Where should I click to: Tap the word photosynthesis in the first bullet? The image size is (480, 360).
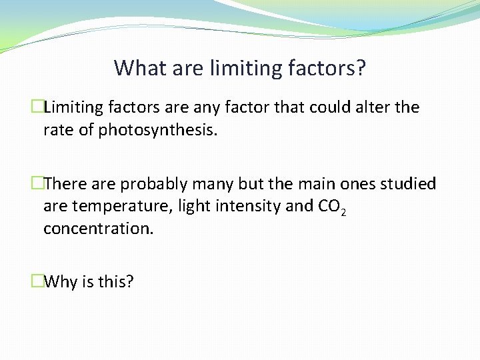[x=157, y=130]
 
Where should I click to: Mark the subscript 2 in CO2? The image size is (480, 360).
[x=342, y=212]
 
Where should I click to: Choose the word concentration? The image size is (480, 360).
[x=98, y=229]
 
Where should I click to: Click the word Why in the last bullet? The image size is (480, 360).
[x=62, y=282]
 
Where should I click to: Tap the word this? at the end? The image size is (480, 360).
[x=116, y=282]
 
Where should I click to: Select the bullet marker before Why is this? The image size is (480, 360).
[x=37, y=282]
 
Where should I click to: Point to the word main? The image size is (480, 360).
[x=315, y=184]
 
